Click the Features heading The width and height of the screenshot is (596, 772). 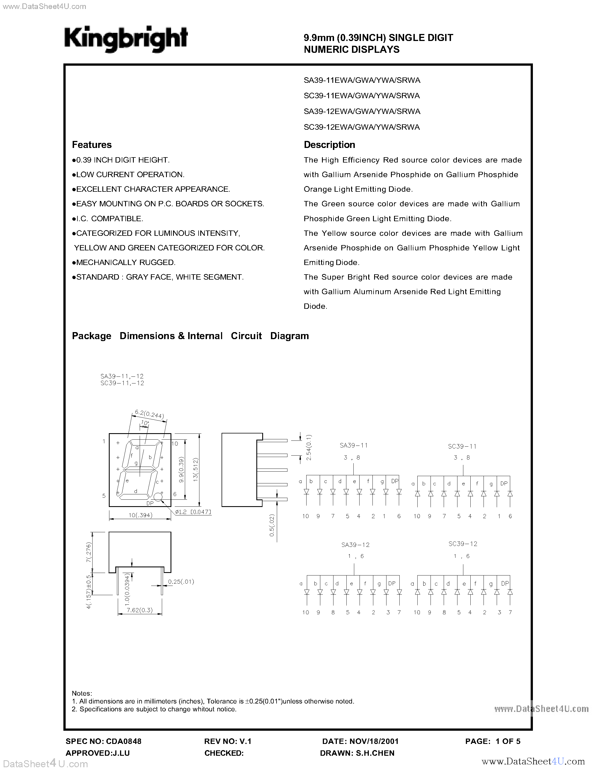[92, 145]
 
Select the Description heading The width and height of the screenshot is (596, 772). [330, 145]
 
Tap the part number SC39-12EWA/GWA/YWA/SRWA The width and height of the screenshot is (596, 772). [362, 127]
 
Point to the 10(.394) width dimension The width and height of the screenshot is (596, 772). [140, 515]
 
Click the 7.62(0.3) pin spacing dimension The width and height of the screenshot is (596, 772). [140, 610]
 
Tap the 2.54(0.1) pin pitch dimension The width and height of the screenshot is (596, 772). [309, 447]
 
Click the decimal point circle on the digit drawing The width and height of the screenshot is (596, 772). [158, 497]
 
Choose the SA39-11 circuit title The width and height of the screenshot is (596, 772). [354, 446]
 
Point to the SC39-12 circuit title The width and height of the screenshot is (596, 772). [462, 544]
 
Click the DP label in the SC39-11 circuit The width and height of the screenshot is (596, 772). [504, 484]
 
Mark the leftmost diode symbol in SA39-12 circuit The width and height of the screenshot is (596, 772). [307, 592]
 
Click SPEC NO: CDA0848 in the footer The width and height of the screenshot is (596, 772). [103, 741]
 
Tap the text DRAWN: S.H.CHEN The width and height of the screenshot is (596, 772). [357, 753]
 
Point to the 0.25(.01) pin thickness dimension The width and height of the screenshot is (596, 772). [181, 581]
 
